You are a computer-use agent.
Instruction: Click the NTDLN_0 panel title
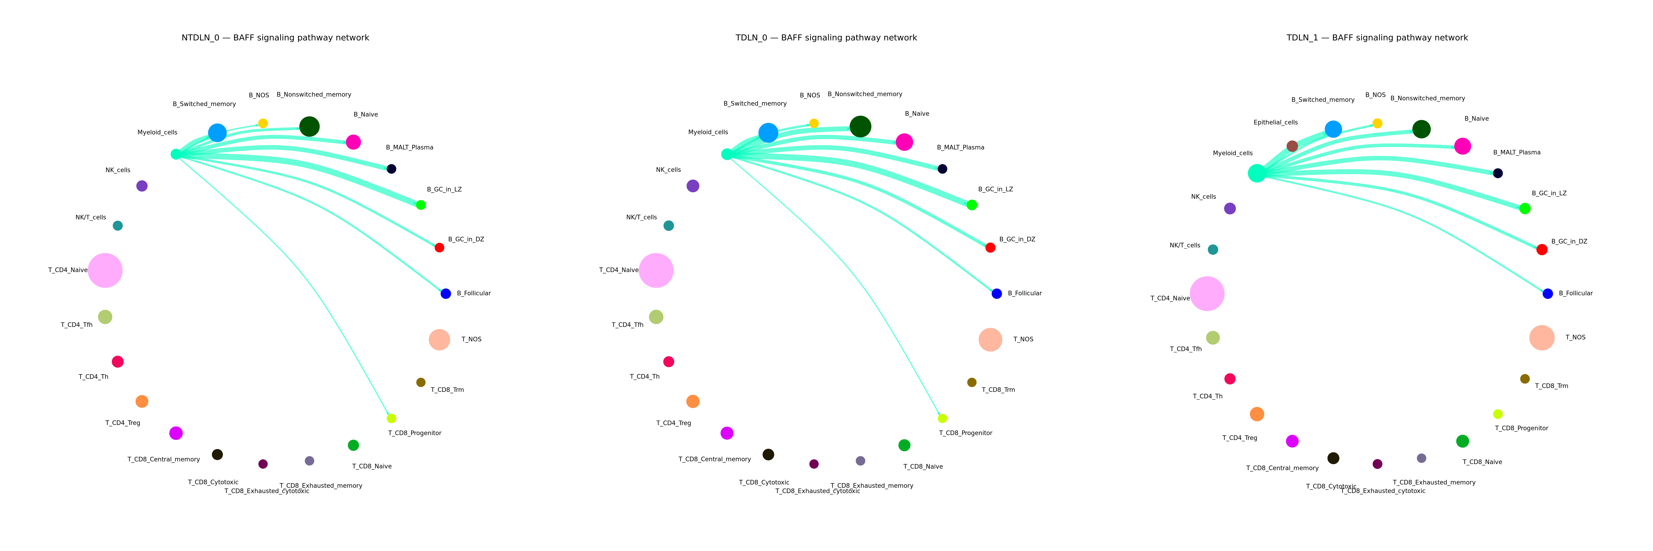[x=275, y=38]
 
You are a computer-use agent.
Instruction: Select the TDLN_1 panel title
[x=1377, y=38]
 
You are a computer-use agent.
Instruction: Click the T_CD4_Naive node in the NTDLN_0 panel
[x=105, y=271]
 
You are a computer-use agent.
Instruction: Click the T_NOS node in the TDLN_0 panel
[x=990, y=339]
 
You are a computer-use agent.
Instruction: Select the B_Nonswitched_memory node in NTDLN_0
[x=309, y=126]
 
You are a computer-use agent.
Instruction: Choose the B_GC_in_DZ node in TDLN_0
[x=990, y=247]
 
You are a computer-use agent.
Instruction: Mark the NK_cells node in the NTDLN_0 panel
[x=142, y=186]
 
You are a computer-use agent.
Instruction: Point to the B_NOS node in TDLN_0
[x=814, y=123]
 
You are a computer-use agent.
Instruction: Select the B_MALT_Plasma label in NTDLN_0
[x=409, y=148]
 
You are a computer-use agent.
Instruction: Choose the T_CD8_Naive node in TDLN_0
[x=904, y=445]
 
